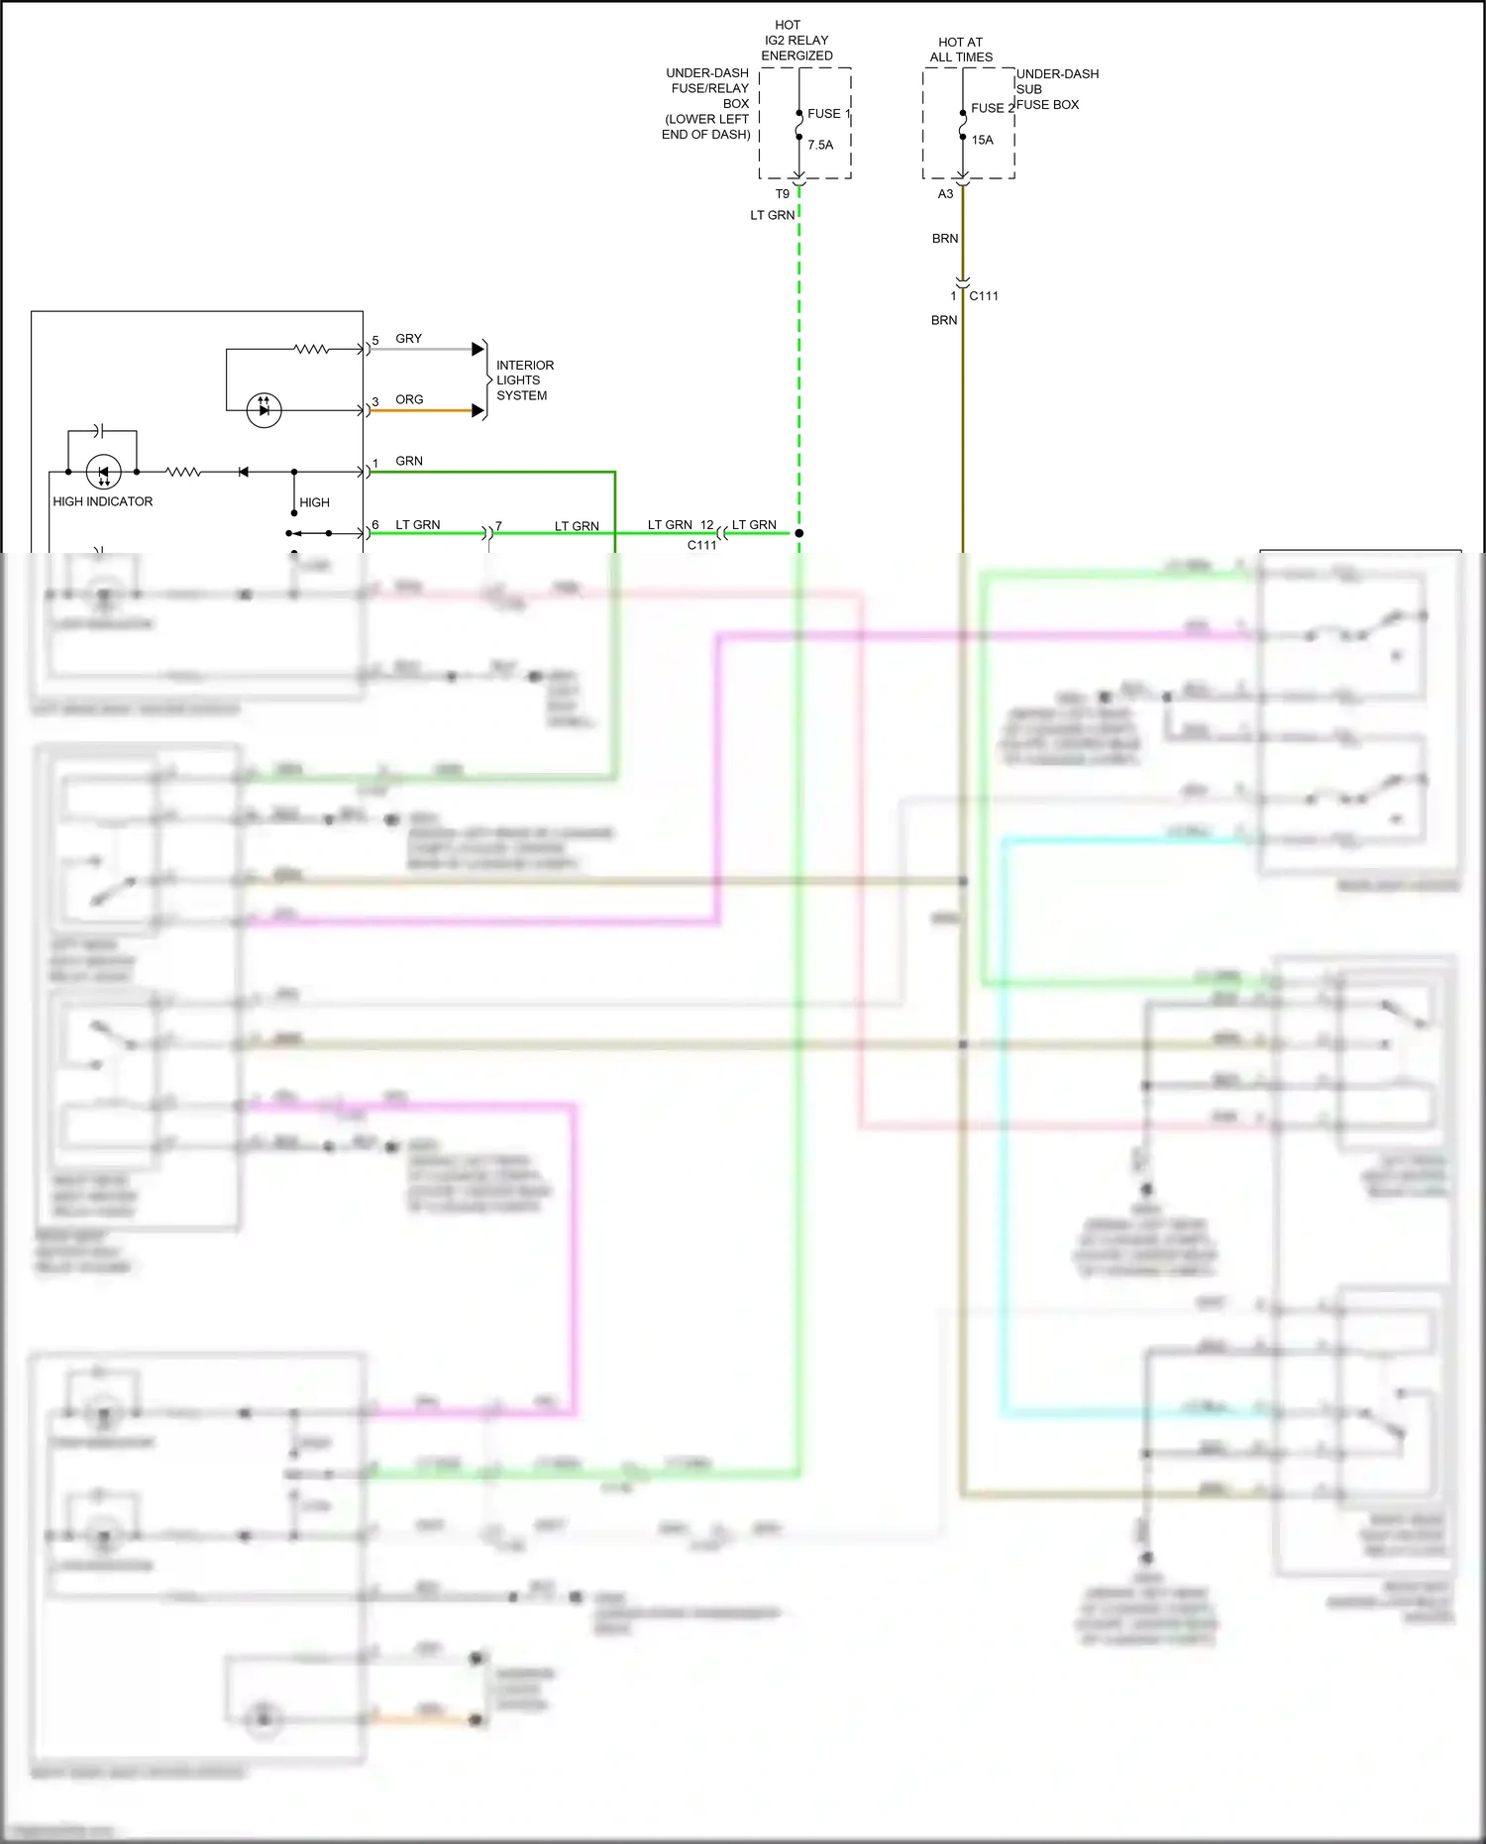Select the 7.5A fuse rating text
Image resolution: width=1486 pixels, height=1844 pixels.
tap(820, 145)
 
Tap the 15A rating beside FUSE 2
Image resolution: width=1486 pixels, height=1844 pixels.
tap(982, 140)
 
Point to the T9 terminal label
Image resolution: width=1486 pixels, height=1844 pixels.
tap(782, 194)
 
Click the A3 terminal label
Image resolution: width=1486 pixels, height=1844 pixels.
tap(945, 194)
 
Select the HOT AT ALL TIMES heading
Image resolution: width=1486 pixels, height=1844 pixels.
tap(961, 50)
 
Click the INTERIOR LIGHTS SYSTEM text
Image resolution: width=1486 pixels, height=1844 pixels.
tap(524, 380)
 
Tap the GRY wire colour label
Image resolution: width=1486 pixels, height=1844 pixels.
tap(408, 339)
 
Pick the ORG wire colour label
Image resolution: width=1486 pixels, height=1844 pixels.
tap(409, 400)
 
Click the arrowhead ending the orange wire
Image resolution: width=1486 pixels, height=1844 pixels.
tap(478, 410)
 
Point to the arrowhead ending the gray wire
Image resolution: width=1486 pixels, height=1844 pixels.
tap(478, 349)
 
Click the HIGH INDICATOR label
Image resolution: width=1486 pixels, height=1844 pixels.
tap(103, 502)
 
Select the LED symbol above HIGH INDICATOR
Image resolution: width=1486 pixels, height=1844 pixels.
tap(104, 473)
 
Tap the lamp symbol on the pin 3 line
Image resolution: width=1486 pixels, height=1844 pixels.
tap(264, 410)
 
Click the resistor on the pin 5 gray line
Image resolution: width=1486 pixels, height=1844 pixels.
tap(311, 349)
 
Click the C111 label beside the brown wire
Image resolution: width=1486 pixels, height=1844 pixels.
tap(983, 296)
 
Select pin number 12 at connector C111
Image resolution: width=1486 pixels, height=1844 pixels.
tap(706, 525)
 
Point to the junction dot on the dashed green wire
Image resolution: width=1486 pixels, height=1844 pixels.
tap(798, 533)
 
